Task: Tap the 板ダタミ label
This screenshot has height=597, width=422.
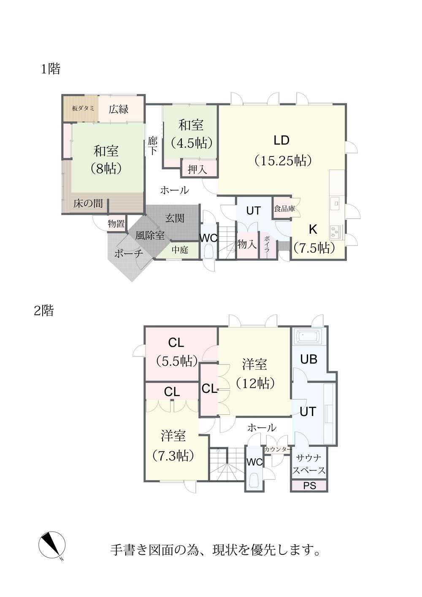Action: point(83,108)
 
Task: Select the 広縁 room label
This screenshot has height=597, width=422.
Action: point(119,109)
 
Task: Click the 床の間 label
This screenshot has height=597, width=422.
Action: point(88,204)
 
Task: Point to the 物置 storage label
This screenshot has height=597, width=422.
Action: point(116,224)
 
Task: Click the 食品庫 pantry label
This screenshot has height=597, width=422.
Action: point(284,208)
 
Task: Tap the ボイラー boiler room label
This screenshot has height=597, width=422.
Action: point(267,244)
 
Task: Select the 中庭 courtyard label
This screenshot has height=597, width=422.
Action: point(180,250)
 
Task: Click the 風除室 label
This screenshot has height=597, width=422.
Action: point(149,235)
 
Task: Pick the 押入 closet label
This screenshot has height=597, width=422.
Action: point(197,170)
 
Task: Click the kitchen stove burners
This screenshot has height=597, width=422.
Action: point(335,232)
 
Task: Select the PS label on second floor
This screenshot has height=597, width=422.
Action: point(309,486)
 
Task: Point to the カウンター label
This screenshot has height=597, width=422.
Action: point(278,449)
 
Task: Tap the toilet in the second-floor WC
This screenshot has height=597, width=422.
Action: point(254,481)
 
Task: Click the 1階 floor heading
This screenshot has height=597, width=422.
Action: point(51,69)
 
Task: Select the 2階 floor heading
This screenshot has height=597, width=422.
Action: point(44,311)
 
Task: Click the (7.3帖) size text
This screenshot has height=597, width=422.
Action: point(173,456)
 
